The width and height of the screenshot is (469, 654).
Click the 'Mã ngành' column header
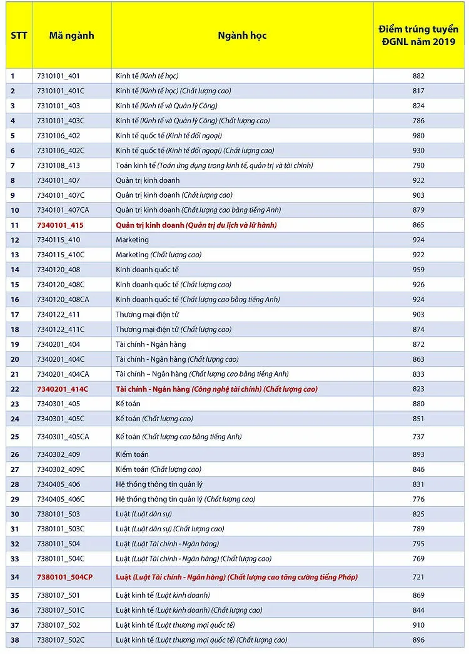point(71,35)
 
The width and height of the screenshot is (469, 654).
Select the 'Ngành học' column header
point(242,35)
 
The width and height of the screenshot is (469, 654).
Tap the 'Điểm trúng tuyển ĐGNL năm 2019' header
point(418,35)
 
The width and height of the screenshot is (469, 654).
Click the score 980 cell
point(418,135)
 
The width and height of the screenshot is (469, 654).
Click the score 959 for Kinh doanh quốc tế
point(418,270)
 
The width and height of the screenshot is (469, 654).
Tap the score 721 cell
point(418,577)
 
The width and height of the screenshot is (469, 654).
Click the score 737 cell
point(418,436)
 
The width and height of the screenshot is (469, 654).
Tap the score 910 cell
point(418,625)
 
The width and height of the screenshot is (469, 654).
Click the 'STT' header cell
point(19,35)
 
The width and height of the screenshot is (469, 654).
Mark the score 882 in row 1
point(418,76)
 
